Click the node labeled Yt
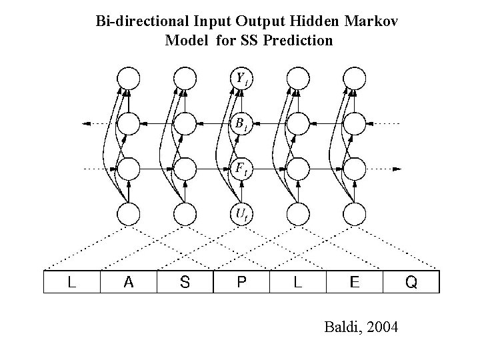tap(241, 79)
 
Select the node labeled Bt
tap(241, 123)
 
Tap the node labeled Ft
tap(241, 168)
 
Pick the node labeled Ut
tap(241, 213)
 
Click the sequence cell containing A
tap(128, 282)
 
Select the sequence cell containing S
tap(185, 282)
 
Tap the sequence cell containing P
tap(241, 282)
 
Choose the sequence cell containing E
tap(355, 282)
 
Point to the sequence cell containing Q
tap(411, 282)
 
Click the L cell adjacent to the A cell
tap(71, 282)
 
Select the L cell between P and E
tap(298, 282)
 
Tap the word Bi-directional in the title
tap(138, 23)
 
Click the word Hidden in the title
tap(318, 23)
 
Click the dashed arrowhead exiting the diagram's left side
tap(84, 123)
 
